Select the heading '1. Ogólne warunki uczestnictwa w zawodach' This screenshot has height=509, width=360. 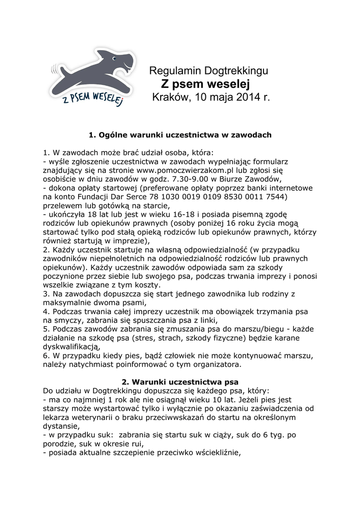tap(180, 135)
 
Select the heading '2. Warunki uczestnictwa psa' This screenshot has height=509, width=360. tap(180, 382)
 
